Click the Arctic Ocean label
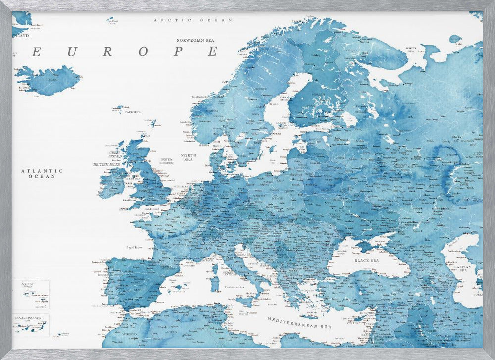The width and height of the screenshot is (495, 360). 193,20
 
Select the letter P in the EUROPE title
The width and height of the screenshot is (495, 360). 179,51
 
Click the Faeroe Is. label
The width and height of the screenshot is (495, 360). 133,112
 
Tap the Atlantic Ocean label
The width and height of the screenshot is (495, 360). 42,173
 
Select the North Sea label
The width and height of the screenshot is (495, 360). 188,157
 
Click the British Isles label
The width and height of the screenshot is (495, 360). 106,164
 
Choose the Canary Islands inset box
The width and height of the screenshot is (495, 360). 31,324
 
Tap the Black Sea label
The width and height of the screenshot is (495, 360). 367,260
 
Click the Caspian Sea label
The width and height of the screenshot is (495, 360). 464,268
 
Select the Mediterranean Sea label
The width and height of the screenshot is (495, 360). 299,323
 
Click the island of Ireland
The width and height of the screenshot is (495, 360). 113,181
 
